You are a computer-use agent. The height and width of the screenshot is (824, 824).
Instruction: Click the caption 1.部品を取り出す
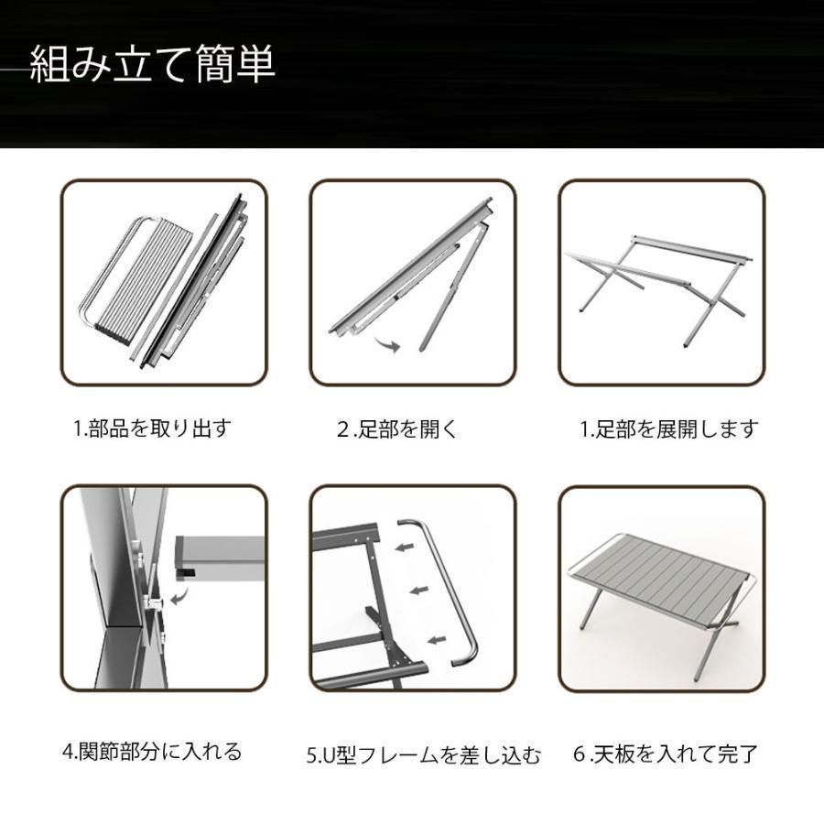pyautogui.click(x=152, y=428)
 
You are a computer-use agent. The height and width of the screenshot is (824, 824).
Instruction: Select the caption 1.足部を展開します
pyautogui.click(x=669, y=428)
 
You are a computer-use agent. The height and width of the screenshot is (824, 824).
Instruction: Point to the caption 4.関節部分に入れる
pyautogui.click(x=152, y=752)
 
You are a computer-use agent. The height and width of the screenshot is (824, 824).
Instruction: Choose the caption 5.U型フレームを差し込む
pyautogui.click(x=423, y=756)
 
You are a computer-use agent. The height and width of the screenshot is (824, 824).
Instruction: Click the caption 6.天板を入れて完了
pyautogui.click(x=666, y=755)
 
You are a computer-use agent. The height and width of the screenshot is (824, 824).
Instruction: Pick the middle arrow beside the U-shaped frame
pyautogui.click(x=418, y=590)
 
